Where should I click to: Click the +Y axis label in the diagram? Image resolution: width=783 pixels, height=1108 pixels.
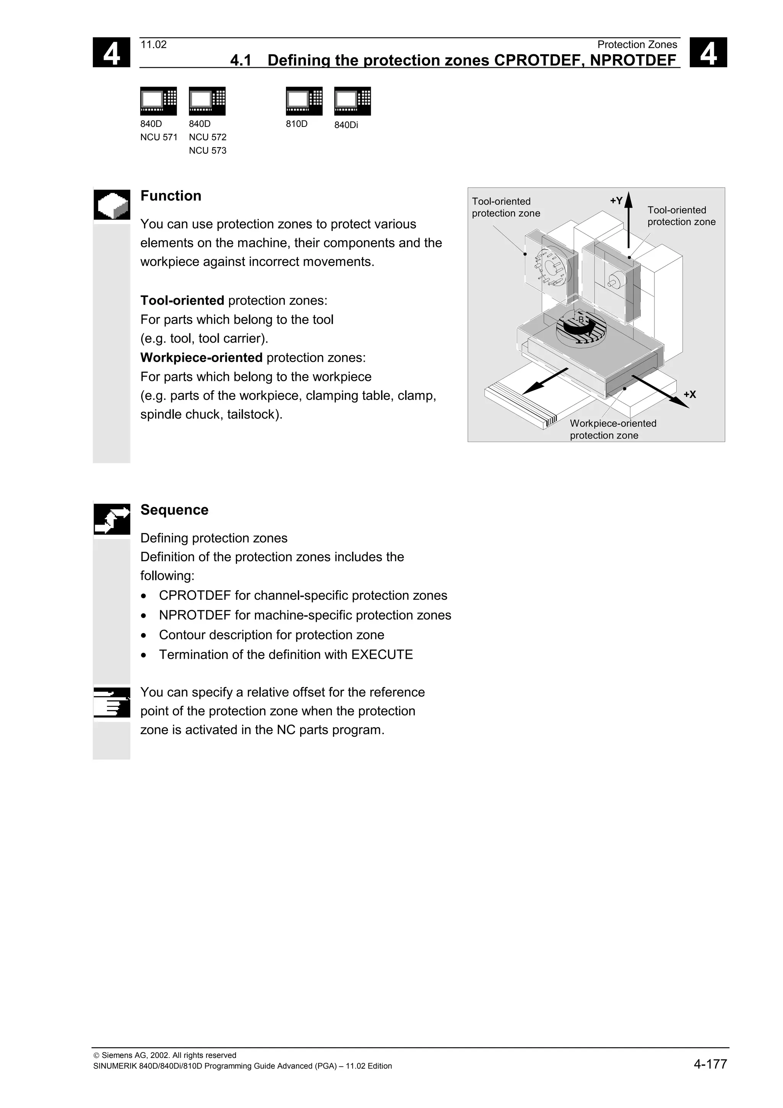(x=616, y=201)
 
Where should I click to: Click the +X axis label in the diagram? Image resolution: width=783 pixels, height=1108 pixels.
(x=689, y=395)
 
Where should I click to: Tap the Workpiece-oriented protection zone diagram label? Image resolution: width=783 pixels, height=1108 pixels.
(x=613, y=429)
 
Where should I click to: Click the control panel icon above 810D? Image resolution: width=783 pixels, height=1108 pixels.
(x=304, y=101)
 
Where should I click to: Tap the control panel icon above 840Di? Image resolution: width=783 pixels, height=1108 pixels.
(x=352, y=101)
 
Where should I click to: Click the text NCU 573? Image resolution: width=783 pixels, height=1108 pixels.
(x=208, y=151)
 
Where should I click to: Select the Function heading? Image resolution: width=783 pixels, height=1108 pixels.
(x=171, y=196)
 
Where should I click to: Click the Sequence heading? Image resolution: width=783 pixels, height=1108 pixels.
(x=174, y=510)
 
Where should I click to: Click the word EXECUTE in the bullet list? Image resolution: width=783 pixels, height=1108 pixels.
(x=382, y=655)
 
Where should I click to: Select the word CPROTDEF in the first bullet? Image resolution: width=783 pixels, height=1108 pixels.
(x=195, y=596)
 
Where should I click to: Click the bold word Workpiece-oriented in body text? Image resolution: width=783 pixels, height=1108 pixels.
(x=201, y=357)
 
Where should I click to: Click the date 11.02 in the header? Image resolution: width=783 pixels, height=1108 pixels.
(x=153, y=45)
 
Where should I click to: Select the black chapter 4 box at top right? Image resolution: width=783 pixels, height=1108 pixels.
(x=708, y=53)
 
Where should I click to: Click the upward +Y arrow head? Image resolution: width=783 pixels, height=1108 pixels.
(x=628, y=199)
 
